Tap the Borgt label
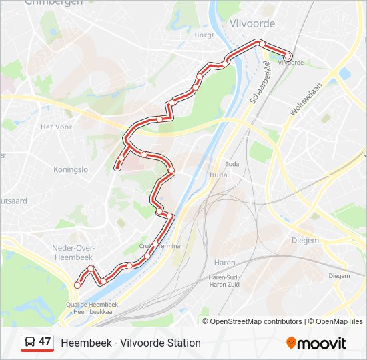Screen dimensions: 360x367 204,35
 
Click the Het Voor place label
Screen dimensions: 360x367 56,127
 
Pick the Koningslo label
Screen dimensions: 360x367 71,169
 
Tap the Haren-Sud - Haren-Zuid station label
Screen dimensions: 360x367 225,280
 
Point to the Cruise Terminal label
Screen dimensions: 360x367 160,246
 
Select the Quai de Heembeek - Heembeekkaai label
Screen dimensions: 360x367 92,308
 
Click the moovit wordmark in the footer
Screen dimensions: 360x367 321,343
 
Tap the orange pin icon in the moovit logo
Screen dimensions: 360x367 291,343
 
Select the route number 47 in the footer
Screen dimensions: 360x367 45,342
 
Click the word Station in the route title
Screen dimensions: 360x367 183,343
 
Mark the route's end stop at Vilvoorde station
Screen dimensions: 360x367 288,57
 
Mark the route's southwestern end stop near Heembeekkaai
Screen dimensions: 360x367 77,285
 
